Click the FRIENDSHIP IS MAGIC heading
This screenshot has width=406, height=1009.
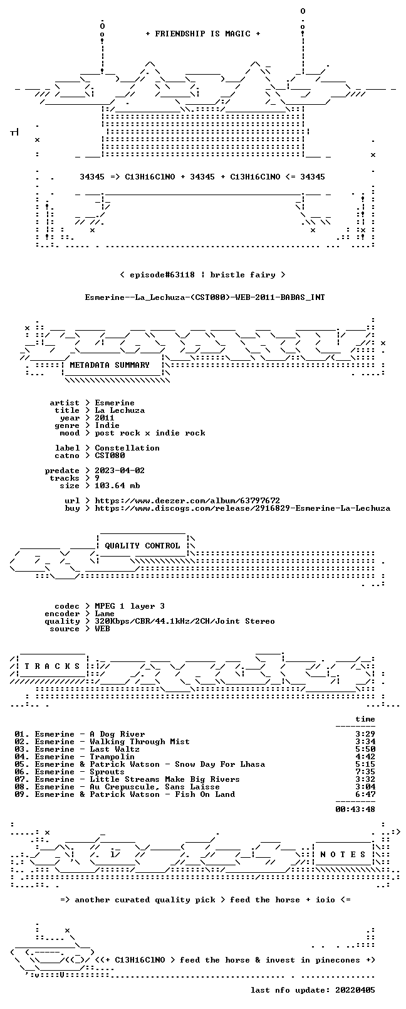pyautogui.click(x=203, y=34)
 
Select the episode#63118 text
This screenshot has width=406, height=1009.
pyautogui.click(x=162, y=275)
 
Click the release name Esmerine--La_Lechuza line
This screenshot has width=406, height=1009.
pyautogui.click(x=205, y=297)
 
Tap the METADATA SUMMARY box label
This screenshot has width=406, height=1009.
pyautogui.click(x=110, y=365)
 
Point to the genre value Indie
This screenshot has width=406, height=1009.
pyautogui.click(x=107, y=425)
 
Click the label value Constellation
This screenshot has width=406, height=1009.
pyautogui.click(x=127, y=448)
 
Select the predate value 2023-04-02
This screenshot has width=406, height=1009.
pyautogui.click(x=120, y=470)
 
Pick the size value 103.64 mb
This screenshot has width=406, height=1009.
pyautogui.click(x=117, y=486)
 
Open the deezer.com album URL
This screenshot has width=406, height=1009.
pyautogui.click(x=187, y=501)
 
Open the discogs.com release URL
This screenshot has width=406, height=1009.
pyautogui.click(x=242, y=508)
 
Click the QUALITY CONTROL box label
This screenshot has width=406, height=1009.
pyautogui.click(x=142, y=545)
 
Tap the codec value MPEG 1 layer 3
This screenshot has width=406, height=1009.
pyautogui.click(x=130, y=606)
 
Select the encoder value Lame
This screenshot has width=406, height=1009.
pyautogui.click(x=105, y=614)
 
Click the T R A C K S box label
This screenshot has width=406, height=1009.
pyautogui.click(x=52, y=666)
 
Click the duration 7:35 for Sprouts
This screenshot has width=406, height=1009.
pyautogui.click(x=365, y=772)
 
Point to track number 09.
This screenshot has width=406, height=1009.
pyautogui.click(x=20, y=794)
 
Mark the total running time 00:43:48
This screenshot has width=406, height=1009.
pyautogui.click(x=355, y=809)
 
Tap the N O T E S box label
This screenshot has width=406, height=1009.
pyautogui.click(x=343, y=855)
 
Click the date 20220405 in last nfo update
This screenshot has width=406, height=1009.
pyautogui.click(x=355, y=990)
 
